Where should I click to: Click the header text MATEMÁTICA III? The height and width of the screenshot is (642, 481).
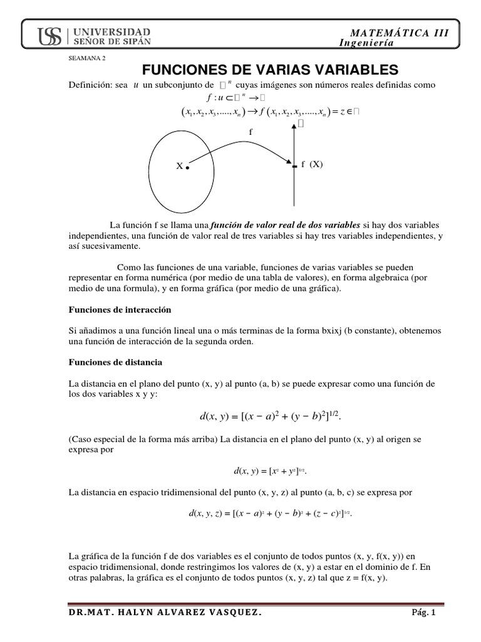point(400,33)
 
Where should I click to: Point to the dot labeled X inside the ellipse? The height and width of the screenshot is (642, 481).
point(187,167)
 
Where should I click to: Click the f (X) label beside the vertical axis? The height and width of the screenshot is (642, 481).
point(312,164)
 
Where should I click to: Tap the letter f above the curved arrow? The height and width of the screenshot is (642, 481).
point(251,132)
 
